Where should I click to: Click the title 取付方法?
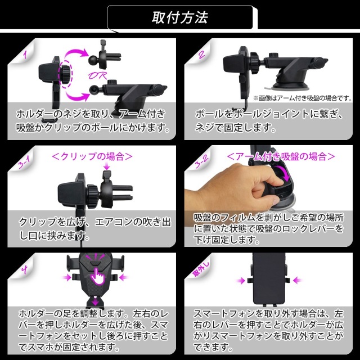[180, 17]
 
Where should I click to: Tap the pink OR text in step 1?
[97, 75]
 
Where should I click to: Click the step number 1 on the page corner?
[25, 55]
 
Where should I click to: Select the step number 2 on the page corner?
[201, 55]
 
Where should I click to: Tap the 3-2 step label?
[201, 161]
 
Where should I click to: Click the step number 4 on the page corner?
[25, 269]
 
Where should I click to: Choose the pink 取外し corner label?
[201, 269]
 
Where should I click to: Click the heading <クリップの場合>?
[92, 156]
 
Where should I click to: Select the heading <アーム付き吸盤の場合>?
[281, 156]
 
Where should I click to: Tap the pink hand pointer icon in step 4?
[97, 275]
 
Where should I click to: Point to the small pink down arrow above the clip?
[107, 166]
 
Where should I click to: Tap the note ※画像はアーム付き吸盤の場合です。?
[302, 98]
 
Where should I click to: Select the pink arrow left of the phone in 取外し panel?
[240, 280]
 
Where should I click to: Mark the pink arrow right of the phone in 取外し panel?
[298, 280]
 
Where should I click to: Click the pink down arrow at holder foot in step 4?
[95, 300]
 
